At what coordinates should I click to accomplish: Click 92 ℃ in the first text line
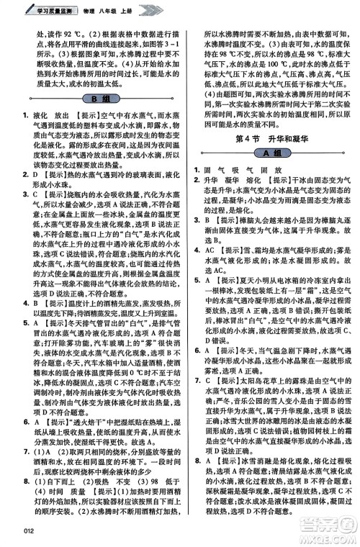click(57, 34)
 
